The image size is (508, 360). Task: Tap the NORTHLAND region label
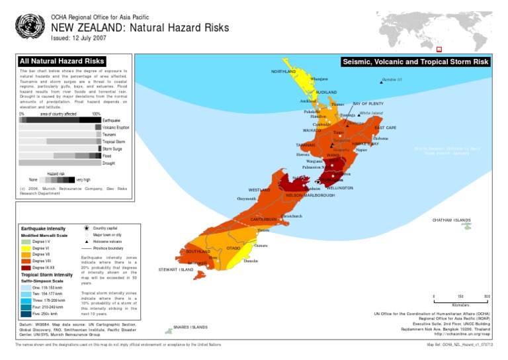[x=284, y=71]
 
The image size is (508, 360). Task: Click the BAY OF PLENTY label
[x=368, y=104]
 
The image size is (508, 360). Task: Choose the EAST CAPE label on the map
[x=386, y=127]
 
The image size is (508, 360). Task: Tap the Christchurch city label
[x=291, y=216]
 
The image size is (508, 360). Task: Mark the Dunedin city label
[x=251, y=261]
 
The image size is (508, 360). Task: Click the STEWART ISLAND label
[x=176, y=270]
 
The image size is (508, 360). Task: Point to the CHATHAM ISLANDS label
[x=452, y=220]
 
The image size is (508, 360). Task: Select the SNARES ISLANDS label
[x=190, y=327]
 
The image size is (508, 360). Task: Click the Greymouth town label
[x=246, y=199]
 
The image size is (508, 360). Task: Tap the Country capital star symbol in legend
[x=87, y=228]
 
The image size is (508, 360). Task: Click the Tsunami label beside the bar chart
[x=109, y=134]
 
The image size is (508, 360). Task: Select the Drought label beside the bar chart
[x=109, y=163]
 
